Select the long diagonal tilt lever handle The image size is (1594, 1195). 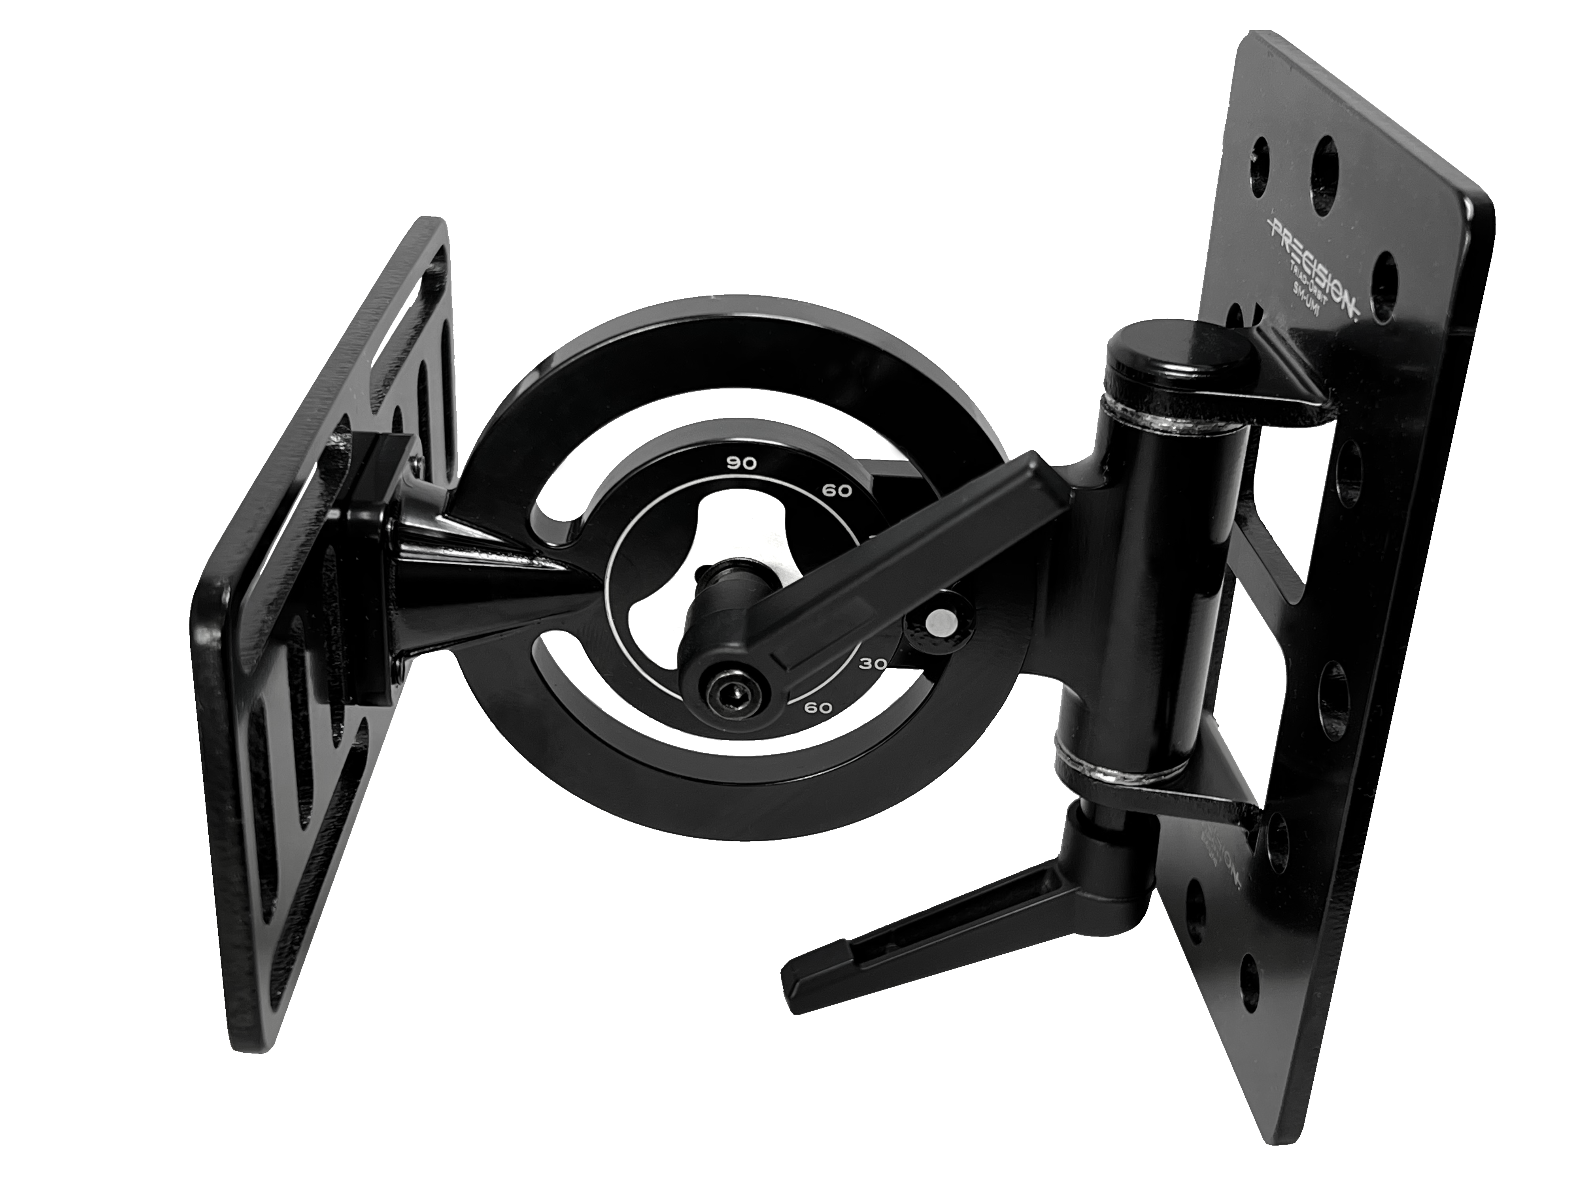coord(905,562)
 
